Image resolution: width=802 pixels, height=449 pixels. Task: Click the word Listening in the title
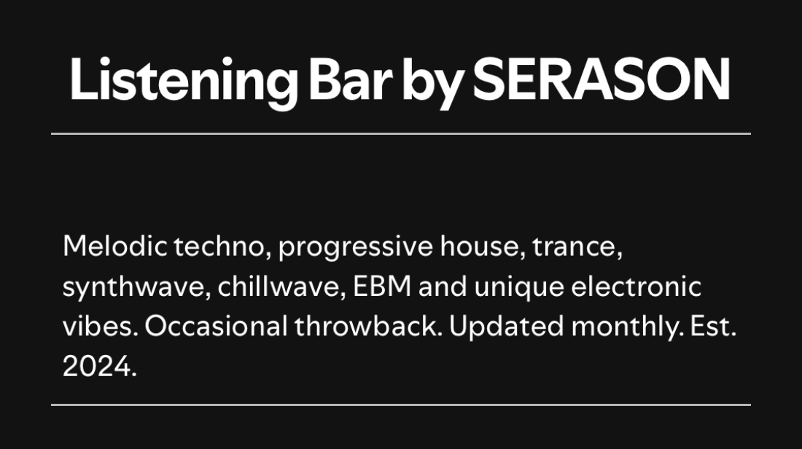coord(184,81)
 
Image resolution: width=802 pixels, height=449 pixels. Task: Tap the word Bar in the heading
coord(350,81)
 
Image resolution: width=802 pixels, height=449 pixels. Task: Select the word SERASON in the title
coord(601,81)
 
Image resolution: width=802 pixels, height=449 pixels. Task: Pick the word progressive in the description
coord(356,248)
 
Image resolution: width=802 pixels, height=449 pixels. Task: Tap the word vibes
coord(100,327)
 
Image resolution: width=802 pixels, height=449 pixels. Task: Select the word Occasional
coord(216,327)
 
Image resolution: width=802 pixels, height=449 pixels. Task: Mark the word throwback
coord(367,327)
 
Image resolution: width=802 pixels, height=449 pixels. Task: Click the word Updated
coord(505,327)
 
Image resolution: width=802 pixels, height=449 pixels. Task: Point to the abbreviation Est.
coord(714,327)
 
